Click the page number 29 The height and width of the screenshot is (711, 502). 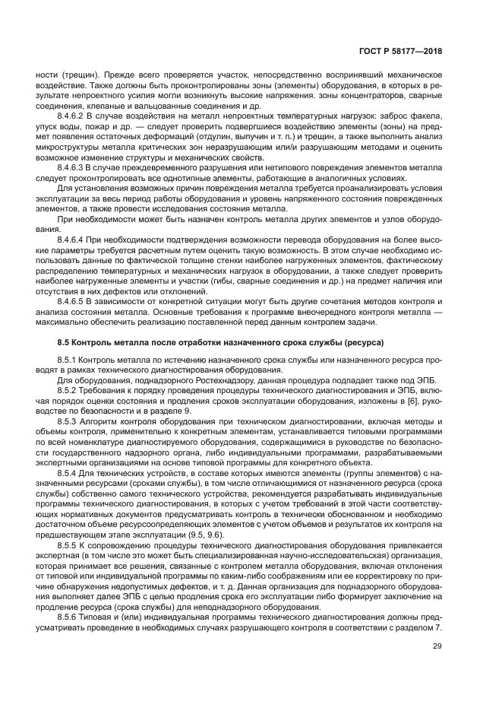pyautogui.click(x=437, y=646)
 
